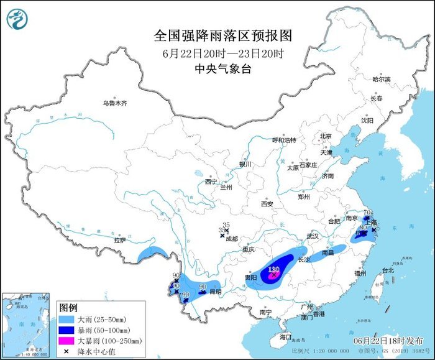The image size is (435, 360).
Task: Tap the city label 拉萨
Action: click(x=120, y=240)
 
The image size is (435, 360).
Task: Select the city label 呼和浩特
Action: click(x=285, y=140)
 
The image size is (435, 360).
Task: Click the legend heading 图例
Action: click(x=68, y=308)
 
